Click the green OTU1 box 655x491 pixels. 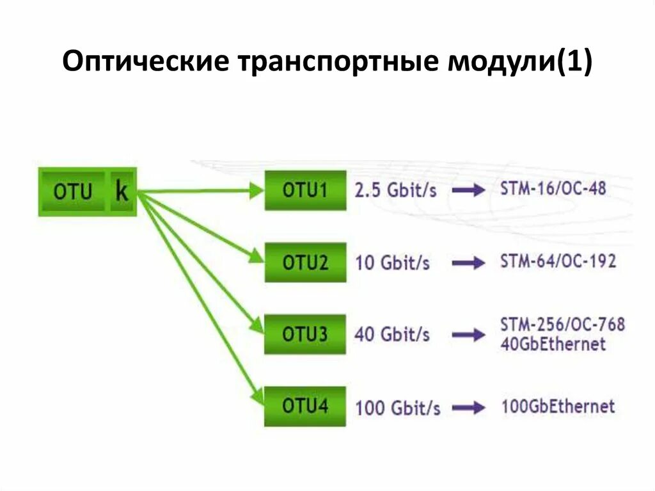(x=305, y=190)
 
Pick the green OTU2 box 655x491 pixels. (x=305, y=262)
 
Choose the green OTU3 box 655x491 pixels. (x=305, y=334)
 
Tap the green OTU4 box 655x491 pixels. (x=305, y=406)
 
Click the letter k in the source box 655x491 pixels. (x=122, y=191)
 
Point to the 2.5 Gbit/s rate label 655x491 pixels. (x=396, y=191)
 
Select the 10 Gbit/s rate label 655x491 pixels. (x=393, y=262)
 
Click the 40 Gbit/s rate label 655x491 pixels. (x=392, y=334)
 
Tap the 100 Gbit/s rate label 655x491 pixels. (x=398, y=407)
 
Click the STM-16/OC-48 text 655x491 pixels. (x=553, y=189)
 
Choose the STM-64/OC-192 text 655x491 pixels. (x=558, y=261)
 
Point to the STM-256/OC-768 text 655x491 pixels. (x=562, y=325)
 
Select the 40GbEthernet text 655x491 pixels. (x=553, y=344)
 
